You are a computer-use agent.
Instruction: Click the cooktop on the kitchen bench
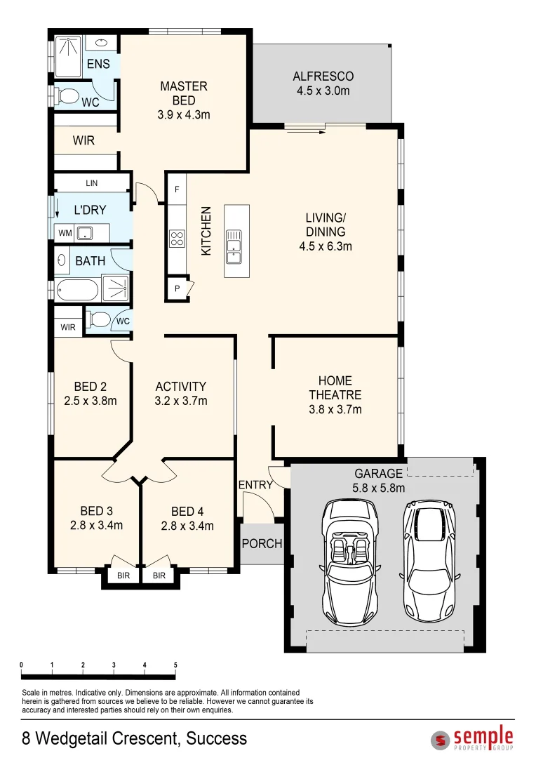(x=176, y=239)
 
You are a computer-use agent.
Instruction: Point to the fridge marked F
(x=176, y=189)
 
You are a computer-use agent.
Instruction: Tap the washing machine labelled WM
(x=65, y=232)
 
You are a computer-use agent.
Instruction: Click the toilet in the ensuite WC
(x=69, y=96)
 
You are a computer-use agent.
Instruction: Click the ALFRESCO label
(x=323, y=77)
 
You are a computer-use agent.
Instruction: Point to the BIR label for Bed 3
(x=123, y=576)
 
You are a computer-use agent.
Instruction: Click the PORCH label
(x=262, y=543)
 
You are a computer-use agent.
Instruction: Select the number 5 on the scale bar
(x=175, y=665)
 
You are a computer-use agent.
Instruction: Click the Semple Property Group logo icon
(x=441, y=740)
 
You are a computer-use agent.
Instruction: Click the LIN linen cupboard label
(x=91, y=183)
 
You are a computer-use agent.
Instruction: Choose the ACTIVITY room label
(x=180, y=387)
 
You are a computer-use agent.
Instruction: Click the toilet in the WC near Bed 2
(x=99, y=321)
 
